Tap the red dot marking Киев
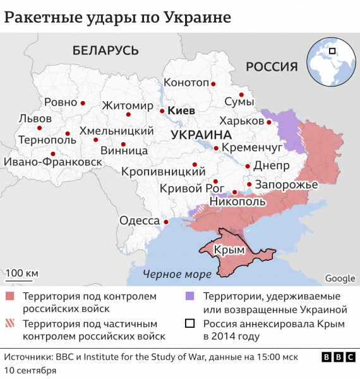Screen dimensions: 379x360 click(162, 111)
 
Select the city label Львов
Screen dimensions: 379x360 click(37, 118)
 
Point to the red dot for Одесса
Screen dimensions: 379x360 click(166, 222)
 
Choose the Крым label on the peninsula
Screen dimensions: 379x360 click(229, 250)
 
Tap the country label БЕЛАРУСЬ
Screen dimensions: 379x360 click(105, 50)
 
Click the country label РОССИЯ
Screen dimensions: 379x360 click(271, 67)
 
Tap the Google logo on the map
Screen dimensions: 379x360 click(340, 279)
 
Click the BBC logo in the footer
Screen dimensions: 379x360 click(338, 358)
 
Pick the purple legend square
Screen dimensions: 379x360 click(189, 296)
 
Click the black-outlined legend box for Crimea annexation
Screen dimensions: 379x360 click(189, 324)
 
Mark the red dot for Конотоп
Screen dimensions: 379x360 click(214, 83)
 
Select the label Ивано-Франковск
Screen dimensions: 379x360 click(53, 162)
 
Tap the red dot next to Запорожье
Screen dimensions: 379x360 click(249, 184)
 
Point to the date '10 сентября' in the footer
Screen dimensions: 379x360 click(30, 369)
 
